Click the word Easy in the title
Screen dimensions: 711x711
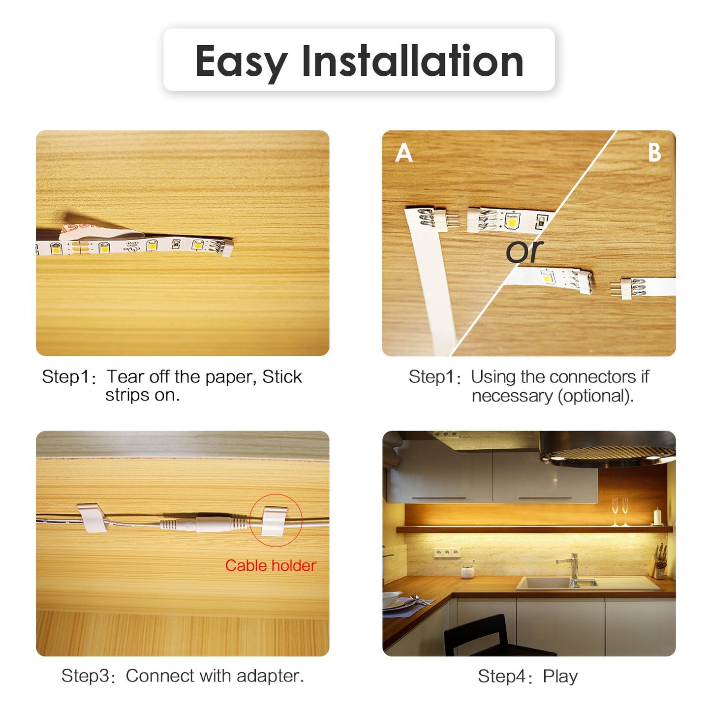click(241, 62)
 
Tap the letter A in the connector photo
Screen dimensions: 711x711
click(404, 153)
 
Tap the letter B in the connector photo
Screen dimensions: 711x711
click(654, 153)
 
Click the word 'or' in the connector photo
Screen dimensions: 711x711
click(524, 251)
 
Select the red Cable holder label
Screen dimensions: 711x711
click(270, 566)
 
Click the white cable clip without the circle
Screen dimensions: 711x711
click(93, 517)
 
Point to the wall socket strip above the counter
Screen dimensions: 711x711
click(447, 553)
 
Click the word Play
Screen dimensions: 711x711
click(560, 677)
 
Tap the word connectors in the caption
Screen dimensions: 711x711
click(594, 377)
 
